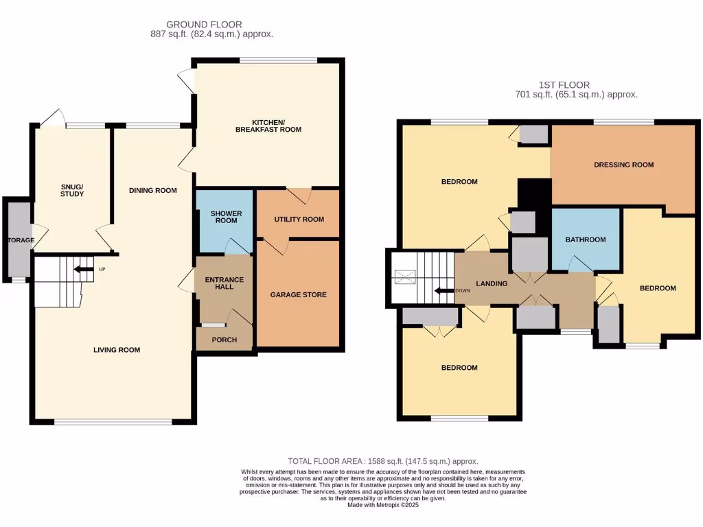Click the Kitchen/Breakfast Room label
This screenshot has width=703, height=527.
tap(268, 126)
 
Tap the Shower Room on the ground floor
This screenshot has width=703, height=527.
tap(226, 218)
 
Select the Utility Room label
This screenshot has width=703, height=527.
tap(299, 219)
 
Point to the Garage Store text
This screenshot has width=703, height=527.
tap(298, 294)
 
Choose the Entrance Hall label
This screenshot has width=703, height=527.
tap(224, 283)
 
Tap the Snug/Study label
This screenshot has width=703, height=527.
tap(72, 190)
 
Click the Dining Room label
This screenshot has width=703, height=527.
tap(153, 190)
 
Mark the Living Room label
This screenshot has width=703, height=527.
tap(117, 350)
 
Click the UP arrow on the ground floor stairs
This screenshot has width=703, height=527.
tap(84, 269)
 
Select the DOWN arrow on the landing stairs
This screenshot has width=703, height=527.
tap(445, 290)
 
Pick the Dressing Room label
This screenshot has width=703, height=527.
tap(623, 165)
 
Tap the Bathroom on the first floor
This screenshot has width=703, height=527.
tap(586, 239)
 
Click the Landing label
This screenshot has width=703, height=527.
tap(492, 283)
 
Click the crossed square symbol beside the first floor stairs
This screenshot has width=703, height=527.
tap(404, 277)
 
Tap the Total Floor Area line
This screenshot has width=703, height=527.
tap(382, 462)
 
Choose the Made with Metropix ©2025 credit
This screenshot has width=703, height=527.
tap(382, 505)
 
